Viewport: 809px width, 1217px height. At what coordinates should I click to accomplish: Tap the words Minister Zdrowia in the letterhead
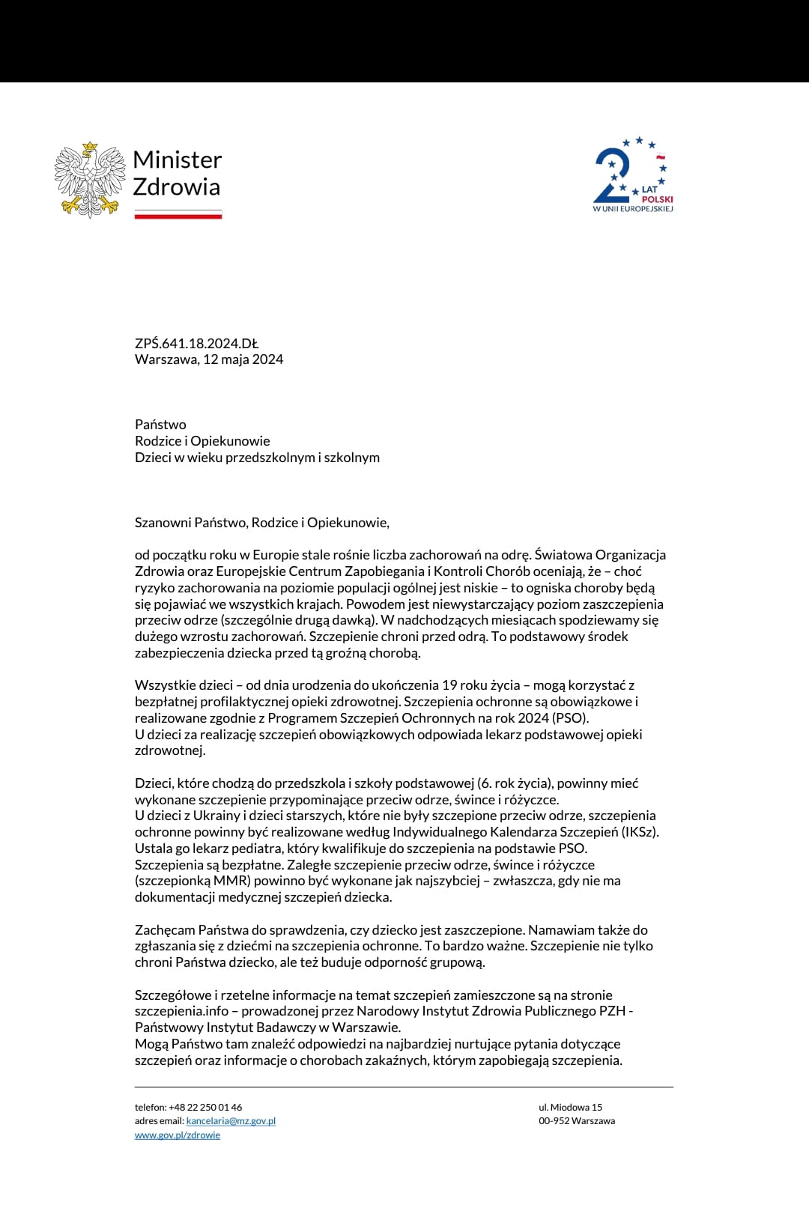click(x=177, y=173)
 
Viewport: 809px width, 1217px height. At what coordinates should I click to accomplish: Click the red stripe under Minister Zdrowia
click(x=178, y=216)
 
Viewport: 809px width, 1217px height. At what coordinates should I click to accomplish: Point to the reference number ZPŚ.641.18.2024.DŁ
click(x=196, y=344)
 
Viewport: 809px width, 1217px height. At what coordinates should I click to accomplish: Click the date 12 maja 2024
click(x=243, y=359)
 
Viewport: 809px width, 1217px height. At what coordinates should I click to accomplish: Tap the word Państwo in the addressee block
click(x=160, y=425)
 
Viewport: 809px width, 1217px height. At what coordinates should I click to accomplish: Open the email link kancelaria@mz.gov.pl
click(x=231, y=1121)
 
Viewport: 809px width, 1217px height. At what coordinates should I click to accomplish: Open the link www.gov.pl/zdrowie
click(x=178, y=1135)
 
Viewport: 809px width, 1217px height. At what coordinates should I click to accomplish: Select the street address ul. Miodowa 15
click(x=570, y=1108)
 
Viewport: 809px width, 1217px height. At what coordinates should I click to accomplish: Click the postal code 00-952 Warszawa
click(x=577, y=1121)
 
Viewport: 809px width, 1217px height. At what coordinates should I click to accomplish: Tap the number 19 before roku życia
click(x=449, y=685)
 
